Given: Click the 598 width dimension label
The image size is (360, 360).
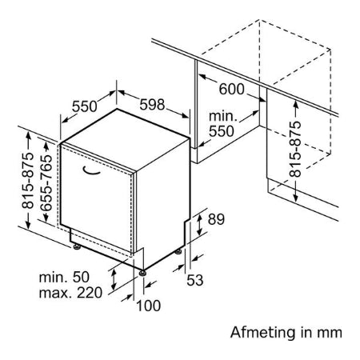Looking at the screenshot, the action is [152, 105].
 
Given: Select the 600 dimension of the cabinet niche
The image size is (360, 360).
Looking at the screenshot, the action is [231, 89].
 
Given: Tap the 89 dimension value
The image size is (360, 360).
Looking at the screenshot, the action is [216, 219].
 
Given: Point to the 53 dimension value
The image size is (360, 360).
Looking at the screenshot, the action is [194, 280].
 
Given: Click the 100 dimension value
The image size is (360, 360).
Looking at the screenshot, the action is [148, 306].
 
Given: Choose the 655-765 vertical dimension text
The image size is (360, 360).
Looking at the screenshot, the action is [47, 183].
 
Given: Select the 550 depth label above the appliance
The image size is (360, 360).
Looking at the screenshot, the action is [84, 106].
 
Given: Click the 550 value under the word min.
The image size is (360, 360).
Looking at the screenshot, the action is [222, 131].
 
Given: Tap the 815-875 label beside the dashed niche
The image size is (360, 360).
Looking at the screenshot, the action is [295, 149].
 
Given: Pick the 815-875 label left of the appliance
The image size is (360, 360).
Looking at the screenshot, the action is [28, 180].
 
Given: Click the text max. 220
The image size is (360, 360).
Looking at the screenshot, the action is [70, 293].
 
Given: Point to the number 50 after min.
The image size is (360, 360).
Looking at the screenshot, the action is [81, 277].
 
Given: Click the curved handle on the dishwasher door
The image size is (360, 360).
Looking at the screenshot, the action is [91, 171].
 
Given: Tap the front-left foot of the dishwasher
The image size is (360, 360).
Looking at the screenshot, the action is [77, 246].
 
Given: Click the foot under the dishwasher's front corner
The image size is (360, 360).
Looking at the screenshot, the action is [142, 273].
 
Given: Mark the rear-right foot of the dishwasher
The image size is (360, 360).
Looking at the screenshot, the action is [178, 251].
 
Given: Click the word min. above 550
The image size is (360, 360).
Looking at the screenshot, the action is [223, 116].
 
